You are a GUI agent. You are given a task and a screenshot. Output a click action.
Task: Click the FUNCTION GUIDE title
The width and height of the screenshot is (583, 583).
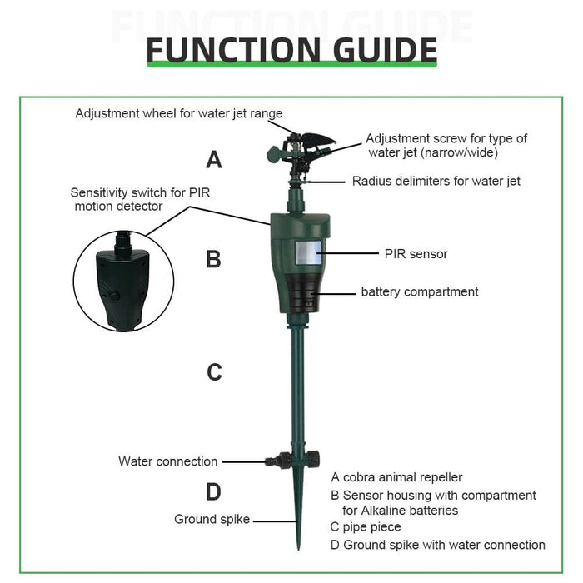[x=291, y=50]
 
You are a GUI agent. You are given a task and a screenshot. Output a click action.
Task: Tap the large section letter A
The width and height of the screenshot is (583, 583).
[x=214, y=160]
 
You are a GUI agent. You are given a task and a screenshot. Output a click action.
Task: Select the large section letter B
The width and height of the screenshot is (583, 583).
[x=213, y=259]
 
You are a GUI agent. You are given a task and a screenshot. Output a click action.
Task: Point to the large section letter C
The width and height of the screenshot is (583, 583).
[x=214, y=371]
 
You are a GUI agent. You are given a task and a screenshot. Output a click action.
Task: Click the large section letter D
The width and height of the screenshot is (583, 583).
[x=213, y=491]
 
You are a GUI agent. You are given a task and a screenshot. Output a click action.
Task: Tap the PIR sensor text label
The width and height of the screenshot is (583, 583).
[x=416, y=254]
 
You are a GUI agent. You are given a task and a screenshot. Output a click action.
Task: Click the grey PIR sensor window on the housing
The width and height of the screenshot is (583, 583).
[x=309, y=253]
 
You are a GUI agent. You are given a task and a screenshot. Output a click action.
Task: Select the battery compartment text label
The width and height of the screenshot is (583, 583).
[x=420, y=291]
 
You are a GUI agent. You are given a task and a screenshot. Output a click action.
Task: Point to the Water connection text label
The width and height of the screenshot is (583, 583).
[x=167, y=461]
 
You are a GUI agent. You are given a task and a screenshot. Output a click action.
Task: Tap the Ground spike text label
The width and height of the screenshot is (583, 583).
[x=212, y=520]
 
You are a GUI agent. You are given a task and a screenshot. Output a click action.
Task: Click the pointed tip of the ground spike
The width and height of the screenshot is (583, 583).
[x=298, y=549]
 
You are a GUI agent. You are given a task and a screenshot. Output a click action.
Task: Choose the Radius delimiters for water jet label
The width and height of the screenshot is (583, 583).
[x=436, y=181]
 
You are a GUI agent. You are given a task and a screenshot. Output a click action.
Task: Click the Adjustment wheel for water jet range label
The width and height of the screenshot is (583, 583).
[x=179, y=113]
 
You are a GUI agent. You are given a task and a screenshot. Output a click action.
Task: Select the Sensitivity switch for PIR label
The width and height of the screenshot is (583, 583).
[x=140, y=192]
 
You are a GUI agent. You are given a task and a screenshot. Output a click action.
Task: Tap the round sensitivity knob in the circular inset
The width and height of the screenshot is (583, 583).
[x=113, y=296]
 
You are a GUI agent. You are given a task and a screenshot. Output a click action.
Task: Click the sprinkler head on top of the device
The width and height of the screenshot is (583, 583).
[x=301, y=153]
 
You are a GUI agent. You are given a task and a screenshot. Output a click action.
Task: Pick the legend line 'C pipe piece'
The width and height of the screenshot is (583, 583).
[x=366, y=527]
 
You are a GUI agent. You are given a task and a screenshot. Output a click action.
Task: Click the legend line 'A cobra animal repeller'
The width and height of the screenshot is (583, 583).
[x=396, y=477]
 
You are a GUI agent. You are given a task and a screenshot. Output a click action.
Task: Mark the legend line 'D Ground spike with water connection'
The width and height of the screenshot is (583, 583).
[x=438, y=545]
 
